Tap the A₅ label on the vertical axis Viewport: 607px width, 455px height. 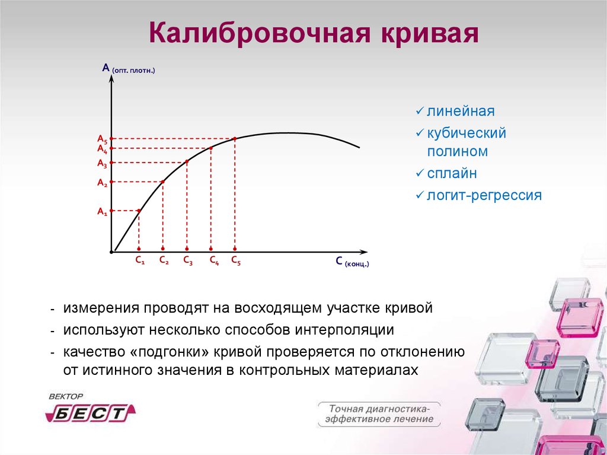pos(102,139)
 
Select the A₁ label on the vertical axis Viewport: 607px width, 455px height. pos(102,212)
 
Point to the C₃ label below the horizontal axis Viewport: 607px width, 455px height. pos(188,260)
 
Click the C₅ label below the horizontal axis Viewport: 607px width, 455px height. pos(236,260)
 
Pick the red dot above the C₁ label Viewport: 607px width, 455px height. pos(139,249)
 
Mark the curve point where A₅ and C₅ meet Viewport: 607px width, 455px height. pos(235,138)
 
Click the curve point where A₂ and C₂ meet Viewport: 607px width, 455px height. pos(163,182)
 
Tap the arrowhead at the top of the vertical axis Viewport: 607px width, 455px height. pos(112,79)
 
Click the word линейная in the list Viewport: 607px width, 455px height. pos(461,112)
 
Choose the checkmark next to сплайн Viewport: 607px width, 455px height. pos(420,173)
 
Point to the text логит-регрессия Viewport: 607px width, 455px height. pos(484,195)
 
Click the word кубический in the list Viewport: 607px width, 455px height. pos(467,133)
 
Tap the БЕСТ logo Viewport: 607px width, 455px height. pos(91,413)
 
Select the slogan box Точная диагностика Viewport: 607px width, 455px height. pos(379,414)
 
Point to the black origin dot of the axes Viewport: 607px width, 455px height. pos(111,252)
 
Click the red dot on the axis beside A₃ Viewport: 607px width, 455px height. pos(112,163)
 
